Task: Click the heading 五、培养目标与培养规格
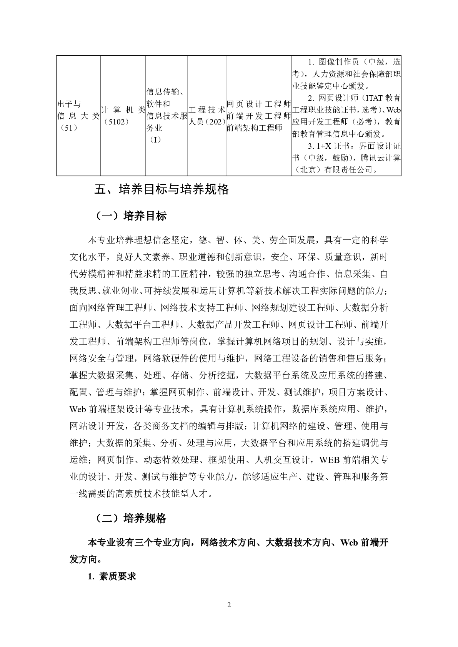click(162, 189)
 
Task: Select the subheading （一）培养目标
click(131, 216)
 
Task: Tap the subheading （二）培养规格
click(131, 518)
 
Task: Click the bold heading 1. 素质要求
click(112, 576)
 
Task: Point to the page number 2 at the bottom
click(229, 606)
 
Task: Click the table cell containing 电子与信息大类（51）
click(78, 116)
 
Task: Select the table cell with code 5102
click(123, 116)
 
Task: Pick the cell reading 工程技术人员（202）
click(207, 116)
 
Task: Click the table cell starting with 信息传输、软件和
click(167, 116)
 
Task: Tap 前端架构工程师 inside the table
click(255, 128)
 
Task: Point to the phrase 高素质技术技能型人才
click(163, 494)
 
